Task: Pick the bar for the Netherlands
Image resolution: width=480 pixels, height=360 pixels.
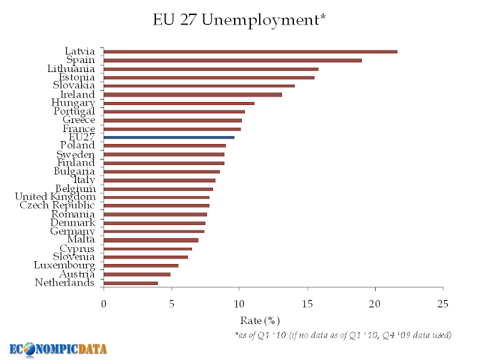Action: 131,283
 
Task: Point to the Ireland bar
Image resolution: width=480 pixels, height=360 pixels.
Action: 193,94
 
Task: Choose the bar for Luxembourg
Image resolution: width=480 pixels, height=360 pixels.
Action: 141,265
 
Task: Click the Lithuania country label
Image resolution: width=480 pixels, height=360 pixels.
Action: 71,68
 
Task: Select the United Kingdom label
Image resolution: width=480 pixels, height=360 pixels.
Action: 55,197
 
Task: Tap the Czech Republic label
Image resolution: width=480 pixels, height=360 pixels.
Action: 58,205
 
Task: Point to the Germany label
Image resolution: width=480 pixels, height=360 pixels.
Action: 73,231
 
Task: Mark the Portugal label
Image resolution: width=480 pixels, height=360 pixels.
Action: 74,111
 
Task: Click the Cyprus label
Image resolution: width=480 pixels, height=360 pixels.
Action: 76,248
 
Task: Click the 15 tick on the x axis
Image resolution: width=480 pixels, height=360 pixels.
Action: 307,304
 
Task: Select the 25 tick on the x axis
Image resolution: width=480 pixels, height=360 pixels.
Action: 443,304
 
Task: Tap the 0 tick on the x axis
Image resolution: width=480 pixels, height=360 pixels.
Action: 104,304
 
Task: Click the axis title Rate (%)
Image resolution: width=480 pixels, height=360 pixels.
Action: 260,320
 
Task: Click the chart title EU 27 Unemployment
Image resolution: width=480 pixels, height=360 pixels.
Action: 240,20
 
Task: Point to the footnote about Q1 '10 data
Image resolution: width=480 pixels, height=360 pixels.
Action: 343,334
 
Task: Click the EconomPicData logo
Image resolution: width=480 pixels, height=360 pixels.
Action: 58,349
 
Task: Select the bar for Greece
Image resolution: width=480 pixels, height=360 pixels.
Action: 173,120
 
